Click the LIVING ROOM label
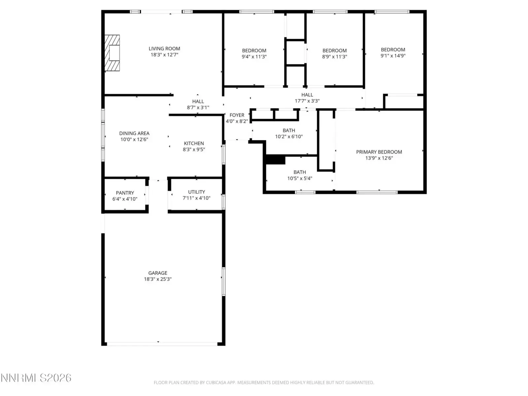164,49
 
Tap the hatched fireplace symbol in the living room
112,53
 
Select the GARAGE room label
158,273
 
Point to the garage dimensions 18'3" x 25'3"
158,279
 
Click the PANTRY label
125,193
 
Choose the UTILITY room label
197,192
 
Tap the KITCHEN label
194,143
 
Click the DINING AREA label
134,133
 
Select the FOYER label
237,115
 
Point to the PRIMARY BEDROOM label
379,152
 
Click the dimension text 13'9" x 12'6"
379,158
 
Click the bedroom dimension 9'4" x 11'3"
254,56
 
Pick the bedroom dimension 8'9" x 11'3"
335,56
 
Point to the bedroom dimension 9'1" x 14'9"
393,55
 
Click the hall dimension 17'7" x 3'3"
307,101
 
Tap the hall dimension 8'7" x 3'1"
198,107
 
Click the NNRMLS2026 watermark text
36,378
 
